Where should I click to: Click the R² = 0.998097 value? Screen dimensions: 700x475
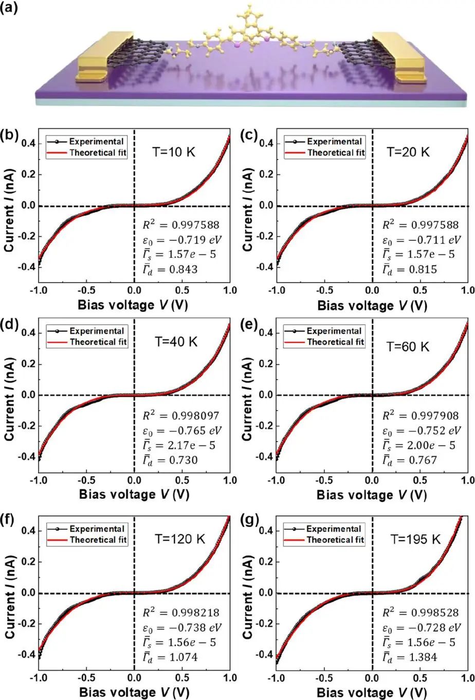pyautogui.click(x=180, y=415)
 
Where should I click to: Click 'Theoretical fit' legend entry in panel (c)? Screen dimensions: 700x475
pyautogui.click(x=336, y=152)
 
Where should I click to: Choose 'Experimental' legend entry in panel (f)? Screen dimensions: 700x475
pyautogui.click(x=97, y=529)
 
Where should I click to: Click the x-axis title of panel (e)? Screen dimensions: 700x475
pyautogui.click(x=372, y=495)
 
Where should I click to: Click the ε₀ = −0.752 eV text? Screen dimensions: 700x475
pyautogui.click(x=419, y=430)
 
